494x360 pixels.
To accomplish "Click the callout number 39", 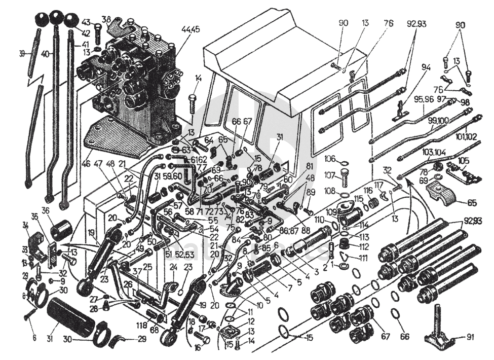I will point(22,54).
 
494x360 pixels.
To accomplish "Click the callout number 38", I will point(106,20).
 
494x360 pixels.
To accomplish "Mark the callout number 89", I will point(311,192).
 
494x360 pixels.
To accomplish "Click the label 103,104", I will point(433,152).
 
